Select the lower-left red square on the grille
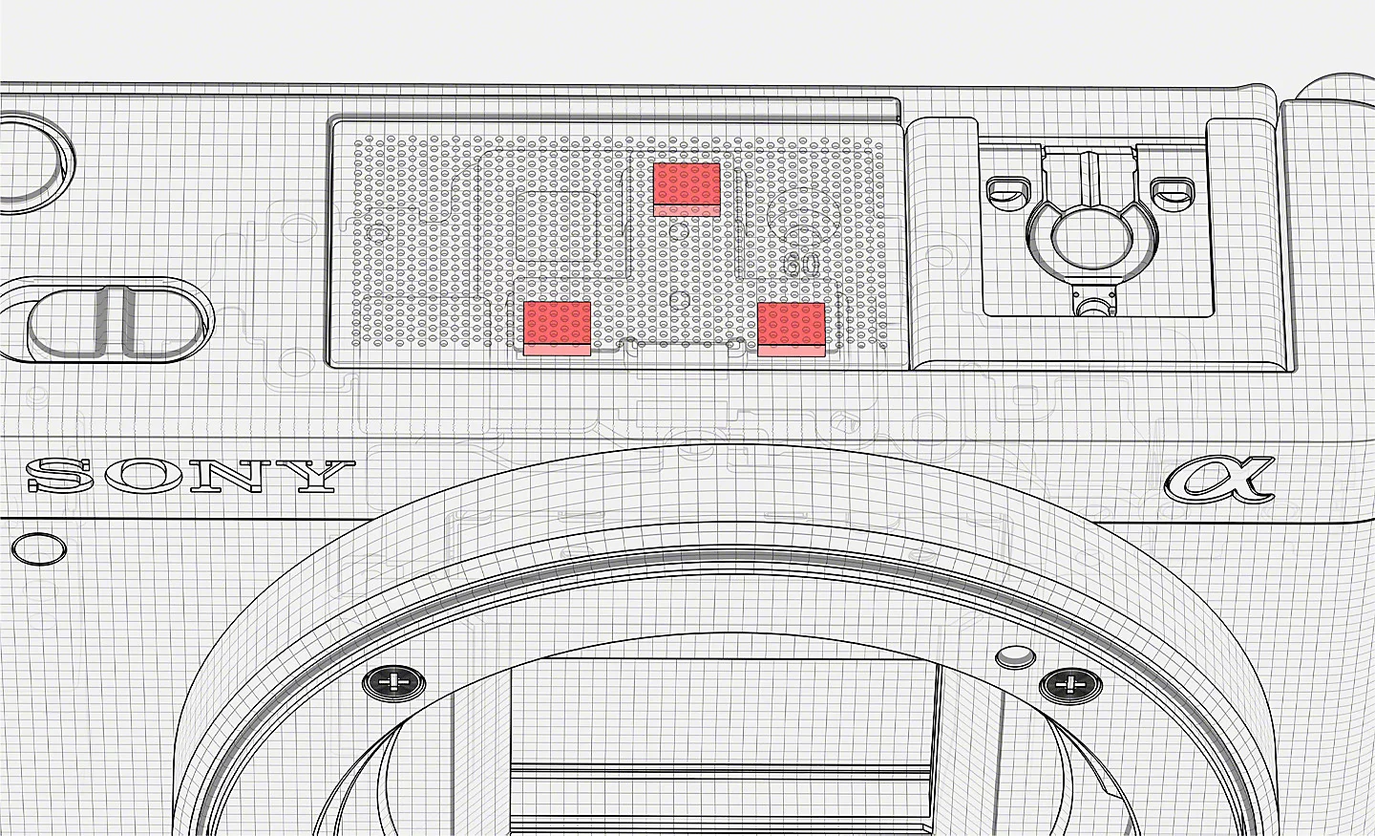pos(558,329)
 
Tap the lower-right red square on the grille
pos(792,330)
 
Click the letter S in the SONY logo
pos(60,476)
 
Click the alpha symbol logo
pos(1217,479)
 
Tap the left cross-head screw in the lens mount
pos(393,682)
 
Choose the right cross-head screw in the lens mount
pos(1069,685)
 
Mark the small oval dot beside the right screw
pos(1015,656)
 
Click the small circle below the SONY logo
pos(39,548)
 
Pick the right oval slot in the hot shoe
pos(1173,194)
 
